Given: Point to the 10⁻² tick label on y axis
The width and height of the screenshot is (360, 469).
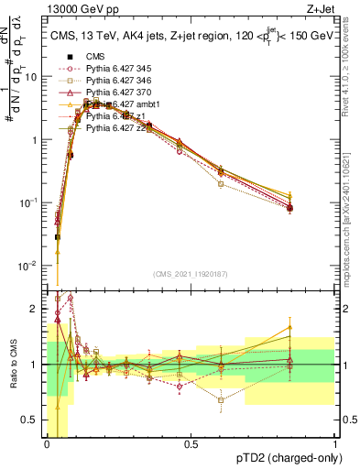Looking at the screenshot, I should pos(29,266).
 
